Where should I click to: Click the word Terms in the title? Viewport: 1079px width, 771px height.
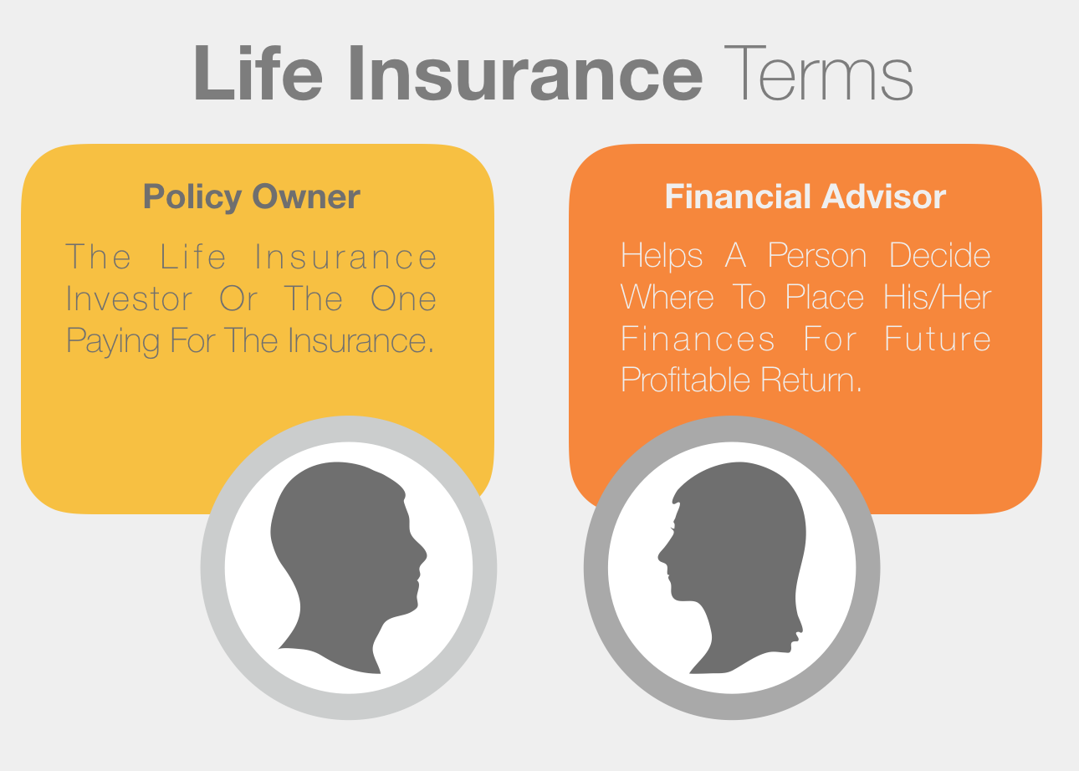click(x=818, y=73)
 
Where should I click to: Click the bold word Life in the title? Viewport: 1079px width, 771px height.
click(x=258, y=73)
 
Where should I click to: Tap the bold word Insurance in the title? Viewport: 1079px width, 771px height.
click(x=525, y=73)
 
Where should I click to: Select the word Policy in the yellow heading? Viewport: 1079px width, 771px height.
click(x=192, y=197)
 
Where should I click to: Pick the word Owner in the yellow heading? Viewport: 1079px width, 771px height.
click(x=306, y=197)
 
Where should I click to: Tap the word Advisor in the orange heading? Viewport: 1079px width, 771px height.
click(x=884, y=197)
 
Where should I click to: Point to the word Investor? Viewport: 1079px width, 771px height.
click(x=129, y=299)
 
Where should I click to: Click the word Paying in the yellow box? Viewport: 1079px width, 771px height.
click(x=113, y=341)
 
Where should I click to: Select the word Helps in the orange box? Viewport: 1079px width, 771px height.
click(x=662, y=256)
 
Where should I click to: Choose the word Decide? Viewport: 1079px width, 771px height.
click(x=939, y=255)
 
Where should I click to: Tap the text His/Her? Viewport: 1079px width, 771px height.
click(x=938, y=297)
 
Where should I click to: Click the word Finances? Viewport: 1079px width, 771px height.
click(x=698, y=339)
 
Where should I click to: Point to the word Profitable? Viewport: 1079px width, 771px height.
click(x=685, y=380)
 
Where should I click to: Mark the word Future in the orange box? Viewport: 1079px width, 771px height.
click(x=938, y=339)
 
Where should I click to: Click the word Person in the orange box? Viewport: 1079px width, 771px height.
click(x=817, y=255)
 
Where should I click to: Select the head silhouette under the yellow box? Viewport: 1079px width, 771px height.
click(x=349, y=568)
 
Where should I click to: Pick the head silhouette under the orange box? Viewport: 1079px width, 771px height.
click(x=732, y=568)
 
